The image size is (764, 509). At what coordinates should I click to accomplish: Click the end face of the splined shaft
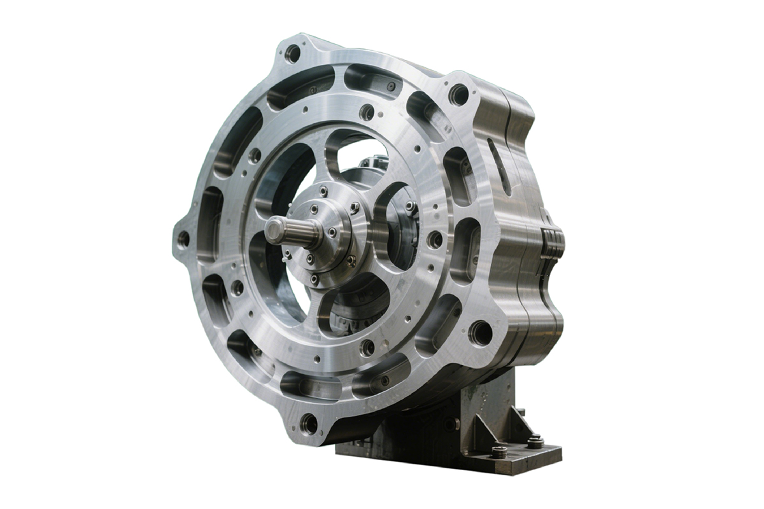click(274, 230)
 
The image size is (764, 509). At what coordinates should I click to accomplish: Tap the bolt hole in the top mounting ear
click(293, 53)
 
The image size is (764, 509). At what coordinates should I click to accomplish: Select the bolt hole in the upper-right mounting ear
click(458, 94)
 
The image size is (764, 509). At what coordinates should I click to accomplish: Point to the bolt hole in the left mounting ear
click(183, 239)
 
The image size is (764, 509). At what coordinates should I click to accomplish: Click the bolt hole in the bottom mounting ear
click(309, 422)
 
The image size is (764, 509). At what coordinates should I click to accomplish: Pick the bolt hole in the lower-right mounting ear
click(480, 333)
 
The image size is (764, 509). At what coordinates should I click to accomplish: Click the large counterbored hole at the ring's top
click(367, 112)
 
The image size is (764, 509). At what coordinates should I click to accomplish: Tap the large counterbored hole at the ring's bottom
click(367, 347)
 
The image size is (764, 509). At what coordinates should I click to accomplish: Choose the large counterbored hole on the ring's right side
click(435, 239)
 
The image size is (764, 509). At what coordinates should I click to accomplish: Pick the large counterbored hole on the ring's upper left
click(255, 155)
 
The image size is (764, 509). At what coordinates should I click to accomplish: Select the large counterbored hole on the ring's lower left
click(237, 288)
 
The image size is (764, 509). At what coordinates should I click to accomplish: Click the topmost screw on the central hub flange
click(323, 191)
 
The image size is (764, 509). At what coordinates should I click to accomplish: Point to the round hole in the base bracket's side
click(451, 424)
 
